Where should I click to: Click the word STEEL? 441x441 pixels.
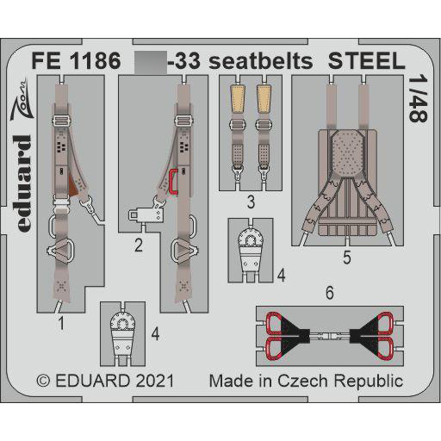[365, 63]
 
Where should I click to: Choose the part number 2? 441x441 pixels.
[137, 244]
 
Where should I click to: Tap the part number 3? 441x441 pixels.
[248, 203]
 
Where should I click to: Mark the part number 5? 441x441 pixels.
[346, 256]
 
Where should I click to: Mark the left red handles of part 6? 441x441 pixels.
[273, 335]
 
